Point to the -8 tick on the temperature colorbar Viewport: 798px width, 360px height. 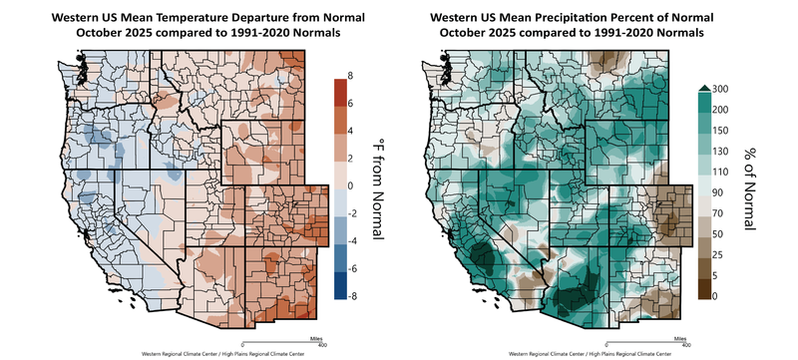[x=352, y=296]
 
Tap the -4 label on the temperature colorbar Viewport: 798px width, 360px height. [x=352, y=240]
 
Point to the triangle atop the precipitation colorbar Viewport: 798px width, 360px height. [x=703, y=88]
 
